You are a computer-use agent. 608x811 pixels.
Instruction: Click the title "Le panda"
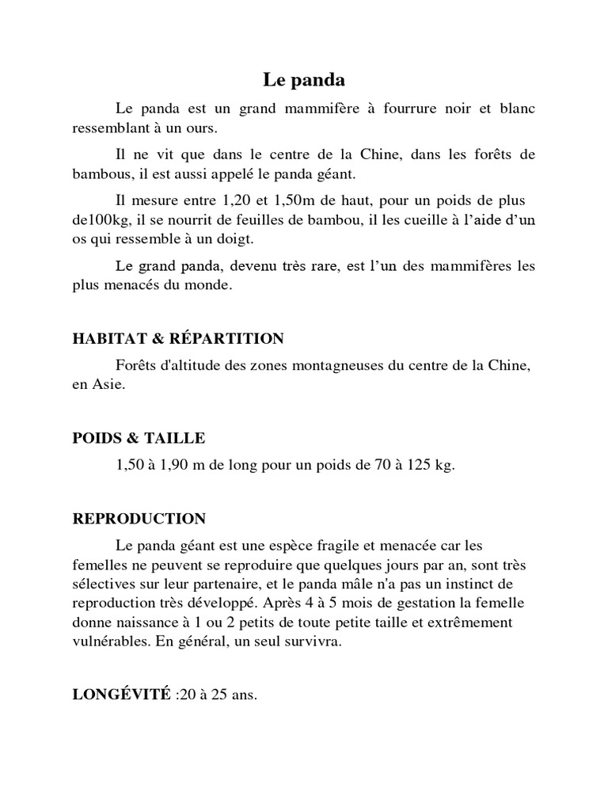coord(304,80)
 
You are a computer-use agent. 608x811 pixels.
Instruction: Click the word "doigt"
coord(260,239)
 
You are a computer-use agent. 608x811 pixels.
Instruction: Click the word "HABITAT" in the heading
coord(106,339)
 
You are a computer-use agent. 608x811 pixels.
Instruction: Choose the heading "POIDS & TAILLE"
coord(139,438)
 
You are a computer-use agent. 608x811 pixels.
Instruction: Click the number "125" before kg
coord(416,466)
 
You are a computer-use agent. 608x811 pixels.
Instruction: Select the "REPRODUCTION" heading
coord(139,519)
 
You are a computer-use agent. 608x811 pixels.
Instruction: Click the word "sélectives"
coord(104,584)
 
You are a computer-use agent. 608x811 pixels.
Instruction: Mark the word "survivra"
coord(314,642)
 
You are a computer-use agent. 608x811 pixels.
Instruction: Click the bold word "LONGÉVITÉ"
coord(121,695)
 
